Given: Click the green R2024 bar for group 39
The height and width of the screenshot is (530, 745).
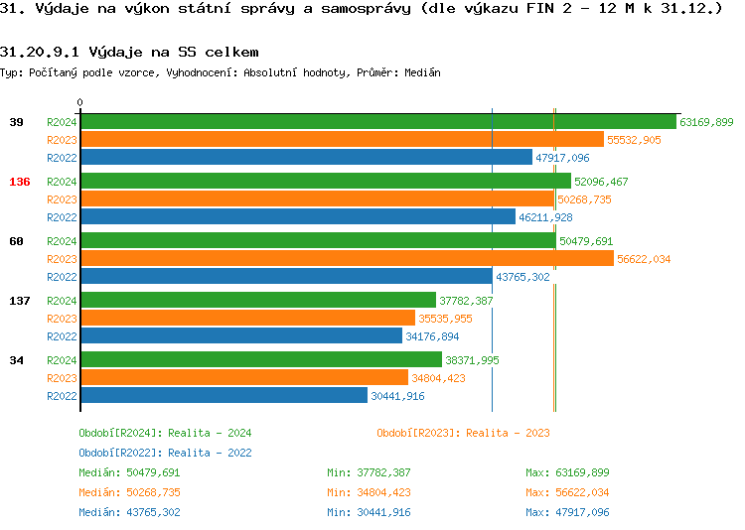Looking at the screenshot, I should click(x=377, y=122).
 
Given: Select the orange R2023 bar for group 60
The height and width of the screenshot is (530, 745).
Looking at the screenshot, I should click(x=347, y=259).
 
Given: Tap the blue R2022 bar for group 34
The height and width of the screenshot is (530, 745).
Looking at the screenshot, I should click(x=223, y=396).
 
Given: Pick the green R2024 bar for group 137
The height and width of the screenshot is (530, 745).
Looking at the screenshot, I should click(x=257, y=301).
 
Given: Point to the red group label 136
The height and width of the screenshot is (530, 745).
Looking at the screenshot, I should click(x=19, y=182).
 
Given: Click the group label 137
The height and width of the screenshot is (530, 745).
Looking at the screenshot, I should click(x=19, y=301).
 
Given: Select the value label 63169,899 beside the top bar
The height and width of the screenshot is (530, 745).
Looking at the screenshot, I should click(x=706, y=122).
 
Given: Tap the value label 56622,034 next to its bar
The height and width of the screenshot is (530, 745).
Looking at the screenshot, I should click(x=644, y=259).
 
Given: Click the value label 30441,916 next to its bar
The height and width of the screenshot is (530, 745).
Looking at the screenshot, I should click(x=397, y=396).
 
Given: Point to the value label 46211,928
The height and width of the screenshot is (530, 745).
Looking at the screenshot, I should click(x=545, y=217).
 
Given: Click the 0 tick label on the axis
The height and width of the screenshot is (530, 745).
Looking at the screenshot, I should click(x=79, y=102).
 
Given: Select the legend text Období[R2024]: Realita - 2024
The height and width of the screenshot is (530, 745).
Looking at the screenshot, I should click(x=165, y=433).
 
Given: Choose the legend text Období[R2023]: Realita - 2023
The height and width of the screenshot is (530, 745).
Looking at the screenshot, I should click(x=463, y=433).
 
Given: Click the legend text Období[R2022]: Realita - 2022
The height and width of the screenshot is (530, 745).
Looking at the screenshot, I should click(x=165, y=453).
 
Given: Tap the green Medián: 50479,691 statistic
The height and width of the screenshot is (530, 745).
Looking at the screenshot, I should click(x=129, y=472).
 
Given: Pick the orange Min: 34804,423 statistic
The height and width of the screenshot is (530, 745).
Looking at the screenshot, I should click(x=369, y=492).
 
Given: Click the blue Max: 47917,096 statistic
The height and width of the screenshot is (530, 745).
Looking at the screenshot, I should click(x=567, y=512).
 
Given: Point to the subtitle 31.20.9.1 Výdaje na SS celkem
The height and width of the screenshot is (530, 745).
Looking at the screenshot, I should click(x=129, y=52).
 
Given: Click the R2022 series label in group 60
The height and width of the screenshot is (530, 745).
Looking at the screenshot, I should click(x=62, y=277).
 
